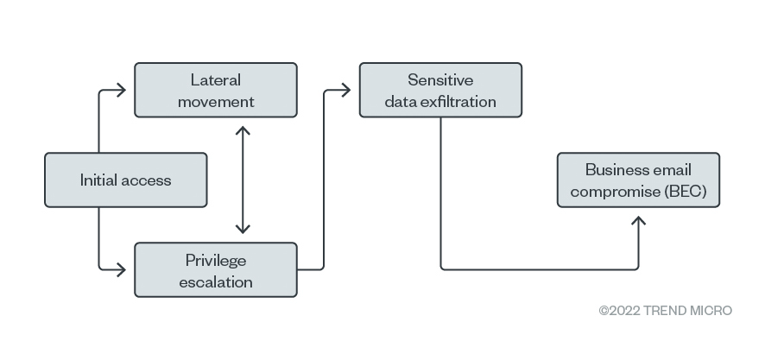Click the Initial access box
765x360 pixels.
coord(126,180)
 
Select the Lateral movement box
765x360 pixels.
coord(216,90)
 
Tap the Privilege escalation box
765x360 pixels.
coord(216,269)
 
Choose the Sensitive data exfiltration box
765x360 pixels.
coord(440,90)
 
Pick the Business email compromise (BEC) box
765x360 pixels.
coord(638,180)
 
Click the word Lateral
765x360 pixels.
coord(216,80)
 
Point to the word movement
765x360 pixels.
coord(216,102)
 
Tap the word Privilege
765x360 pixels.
coord(216,261)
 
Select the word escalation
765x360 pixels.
coord(216,282)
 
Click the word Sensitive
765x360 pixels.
coord(440,80)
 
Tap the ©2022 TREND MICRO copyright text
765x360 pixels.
coord(666,311)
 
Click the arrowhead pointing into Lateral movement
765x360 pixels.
coord(121,90)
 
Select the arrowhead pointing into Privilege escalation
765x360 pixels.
coord(121,269)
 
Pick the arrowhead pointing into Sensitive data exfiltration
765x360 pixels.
coord(346,90)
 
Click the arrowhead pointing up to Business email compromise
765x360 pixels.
coord(638,221)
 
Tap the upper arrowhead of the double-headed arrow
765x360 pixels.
coord(243,130)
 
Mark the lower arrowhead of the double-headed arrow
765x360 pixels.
coord(243,228)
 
